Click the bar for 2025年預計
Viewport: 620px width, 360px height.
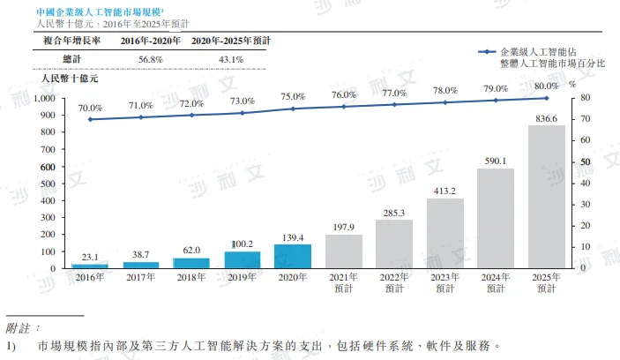point(546,197)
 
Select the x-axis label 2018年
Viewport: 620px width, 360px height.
point(191,278)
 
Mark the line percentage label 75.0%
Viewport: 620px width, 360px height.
point(293,97)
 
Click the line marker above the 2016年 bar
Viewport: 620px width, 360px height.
point(90,119)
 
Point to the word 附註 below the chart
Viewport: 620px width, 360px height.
point(22,327)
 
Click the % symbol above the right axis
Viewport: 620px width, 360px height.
point(571,85)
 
